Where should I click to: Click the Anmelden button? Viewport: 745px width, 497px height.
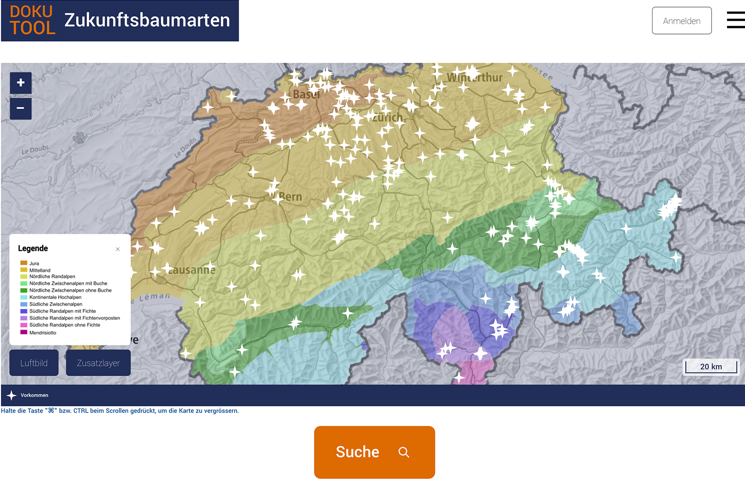pos(681,21)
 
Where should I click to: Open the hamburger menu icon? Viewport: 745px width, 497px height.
pos(736,20)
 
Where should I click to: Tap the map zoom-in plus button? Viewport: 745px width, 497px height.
pos(21,83)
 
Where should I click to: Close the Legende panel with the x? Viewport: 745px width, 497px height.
pos(118,249)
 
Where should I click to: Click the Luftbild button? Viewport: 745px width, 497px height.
pos(34,363)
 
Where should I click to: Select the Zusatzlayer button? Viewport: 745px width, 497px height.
pos(98,363)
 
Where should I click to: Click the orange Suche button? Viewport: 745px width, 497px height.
pos(374,452)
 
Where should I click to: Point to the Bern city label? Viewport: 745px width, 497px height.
pos(290,197)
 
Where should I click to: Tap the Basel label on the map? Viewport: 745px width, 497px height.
pos(306,94)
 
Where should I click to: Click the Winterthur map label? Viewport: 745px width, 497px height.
pos(474,77)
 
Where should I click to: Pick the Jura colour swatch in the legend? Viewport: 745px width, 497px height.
pos(24,263)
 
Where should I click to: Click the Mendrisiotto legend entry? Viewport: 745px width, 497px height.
pos(42,333)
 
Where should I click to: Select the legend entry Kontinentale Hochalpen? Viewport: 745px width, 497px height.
pos(55,297)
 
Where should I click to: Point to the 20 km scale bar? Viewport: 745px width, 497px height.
pos(711,367)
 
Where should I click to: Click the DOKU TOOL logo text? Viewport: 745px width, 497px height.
pos(32,20)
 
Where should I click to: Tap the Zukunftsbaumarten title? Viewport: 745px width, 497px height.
pos(147,20)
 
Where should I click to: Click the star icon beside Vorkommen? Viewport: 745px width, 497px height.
pos(12,395)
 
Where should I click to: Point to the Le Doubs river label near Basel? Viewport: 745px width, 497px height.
pos(185,147)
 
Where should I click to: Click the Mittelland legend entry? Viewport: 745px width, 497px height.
pos(40,270)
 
